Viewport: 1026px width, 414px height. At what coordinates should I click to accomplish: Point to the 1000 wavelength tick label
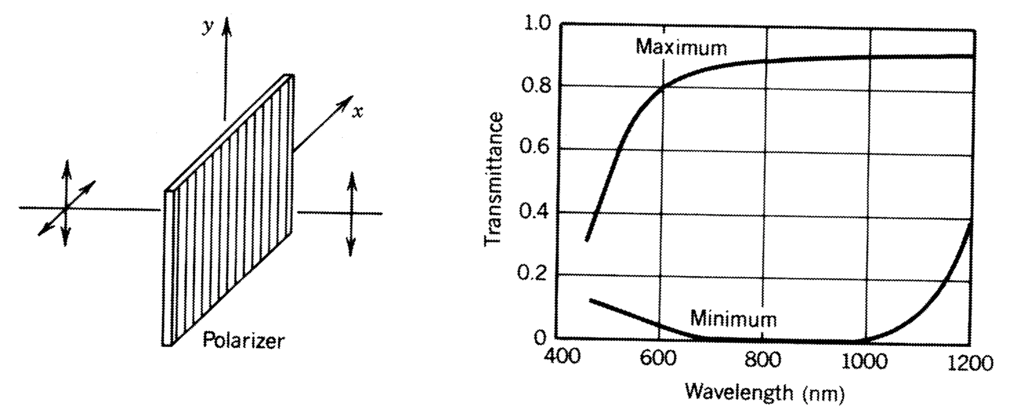(x=864, y=361)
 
